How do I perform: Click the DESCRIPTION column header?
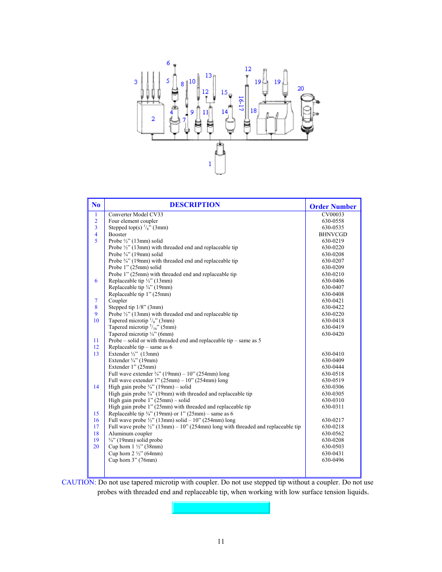tap(195, 205)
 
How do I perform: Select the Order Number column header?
tap(333, 207)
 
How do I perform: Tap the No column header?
tap(96, 205)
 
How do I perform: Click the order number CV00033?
tap(333, 214)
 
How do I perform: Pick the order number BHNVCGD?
tap(333, 234)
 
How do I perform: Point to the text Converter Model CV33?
tap(136, 214)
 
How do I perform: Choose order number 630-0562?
tap(333, 434)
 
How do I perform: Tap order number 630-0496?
tap(333, 460)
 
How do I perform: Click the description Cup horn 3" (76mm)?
tap(133, 460)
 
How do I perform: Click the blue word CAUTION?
tap(78, 482)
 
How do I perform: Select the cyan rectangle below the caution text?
tap(221, 508)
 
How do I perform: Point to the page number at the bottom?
tap(221, 541)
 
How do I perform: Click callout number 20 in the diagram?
tap(301, 88)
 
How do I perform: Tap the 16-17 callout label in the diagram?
tap(241, 103)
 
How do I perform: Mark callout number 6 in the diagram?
tap(168, 63)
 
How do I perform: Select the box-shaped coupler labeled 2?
tap(150, 118)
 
